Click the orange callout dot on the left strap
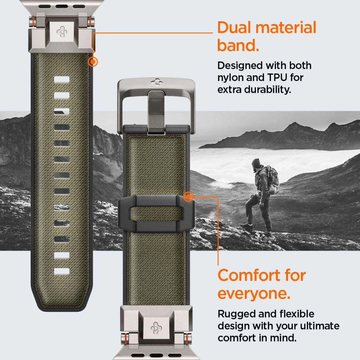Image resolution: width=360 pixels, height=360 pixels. (x=93, y=62)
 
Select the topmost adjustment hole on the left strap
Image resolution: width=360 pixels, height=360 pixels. (x=62, y=79)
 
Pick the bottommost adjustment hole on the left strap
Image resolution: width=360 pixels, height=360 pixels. (x=62, y=271)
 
